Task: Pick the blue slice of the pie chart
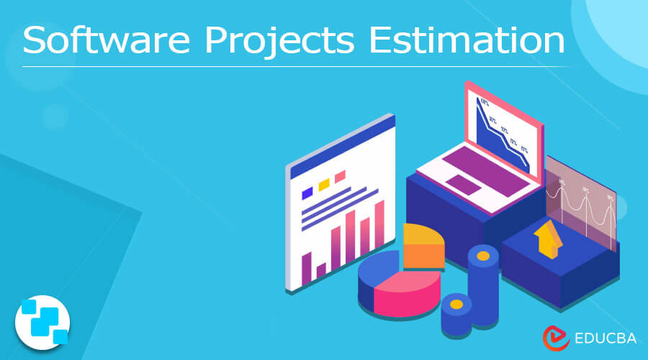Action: pos(377,270)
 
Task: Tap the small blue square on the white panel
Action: pos(307,192)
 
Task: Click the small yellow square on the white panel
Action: pos(324,184)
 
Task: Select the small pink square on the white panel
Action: pos(340,176)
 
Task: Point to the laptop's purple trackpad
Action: pos(468,186)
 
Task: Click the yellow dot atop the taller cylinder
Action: pos(483,256)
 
